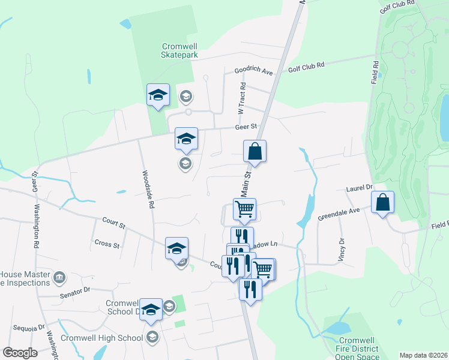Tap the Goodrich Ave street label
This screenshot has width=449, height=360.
tap(253, 71)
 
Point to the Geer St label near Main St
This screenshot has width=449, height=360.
tap(246, 127)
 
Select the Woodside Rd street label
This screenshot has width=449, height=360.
tap(148, 189)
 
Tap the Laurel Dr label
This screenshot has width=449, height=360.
tap(360, 188)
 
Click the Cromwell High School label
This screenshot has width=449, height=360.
tap(101, 338)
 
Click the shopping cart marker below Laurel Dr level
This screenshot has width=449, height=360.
tap(244, 209)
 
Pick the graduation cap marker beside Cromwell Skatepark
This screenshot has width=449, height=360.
tap(158, 94)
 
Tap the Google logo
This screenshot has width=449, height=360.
tap(20, 353)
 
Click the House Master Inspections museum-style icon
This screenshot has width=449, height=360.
tap(59, 277)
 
